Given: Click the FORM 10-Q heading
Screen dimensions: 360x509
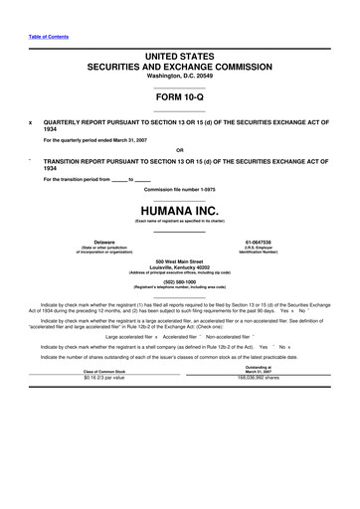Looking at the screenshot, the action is point(179,96).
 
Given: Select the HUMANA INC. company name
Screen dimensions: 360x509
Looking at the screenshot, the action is point(179,212).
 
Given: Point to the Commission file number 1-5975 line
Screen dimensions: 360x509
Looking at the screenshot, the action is point(179,189).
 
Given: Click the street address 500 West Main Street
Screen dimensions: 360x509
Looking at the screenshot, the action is point(179,261).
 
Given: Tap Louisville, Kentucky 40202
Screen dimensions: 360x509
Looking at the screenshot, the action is point(179,267).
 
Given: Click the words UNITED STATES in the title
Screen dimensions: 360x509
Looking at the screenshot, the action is point(179,58).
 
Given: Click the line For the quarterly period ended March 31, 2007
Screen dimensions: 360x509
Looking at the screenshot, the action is point(110,141).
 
